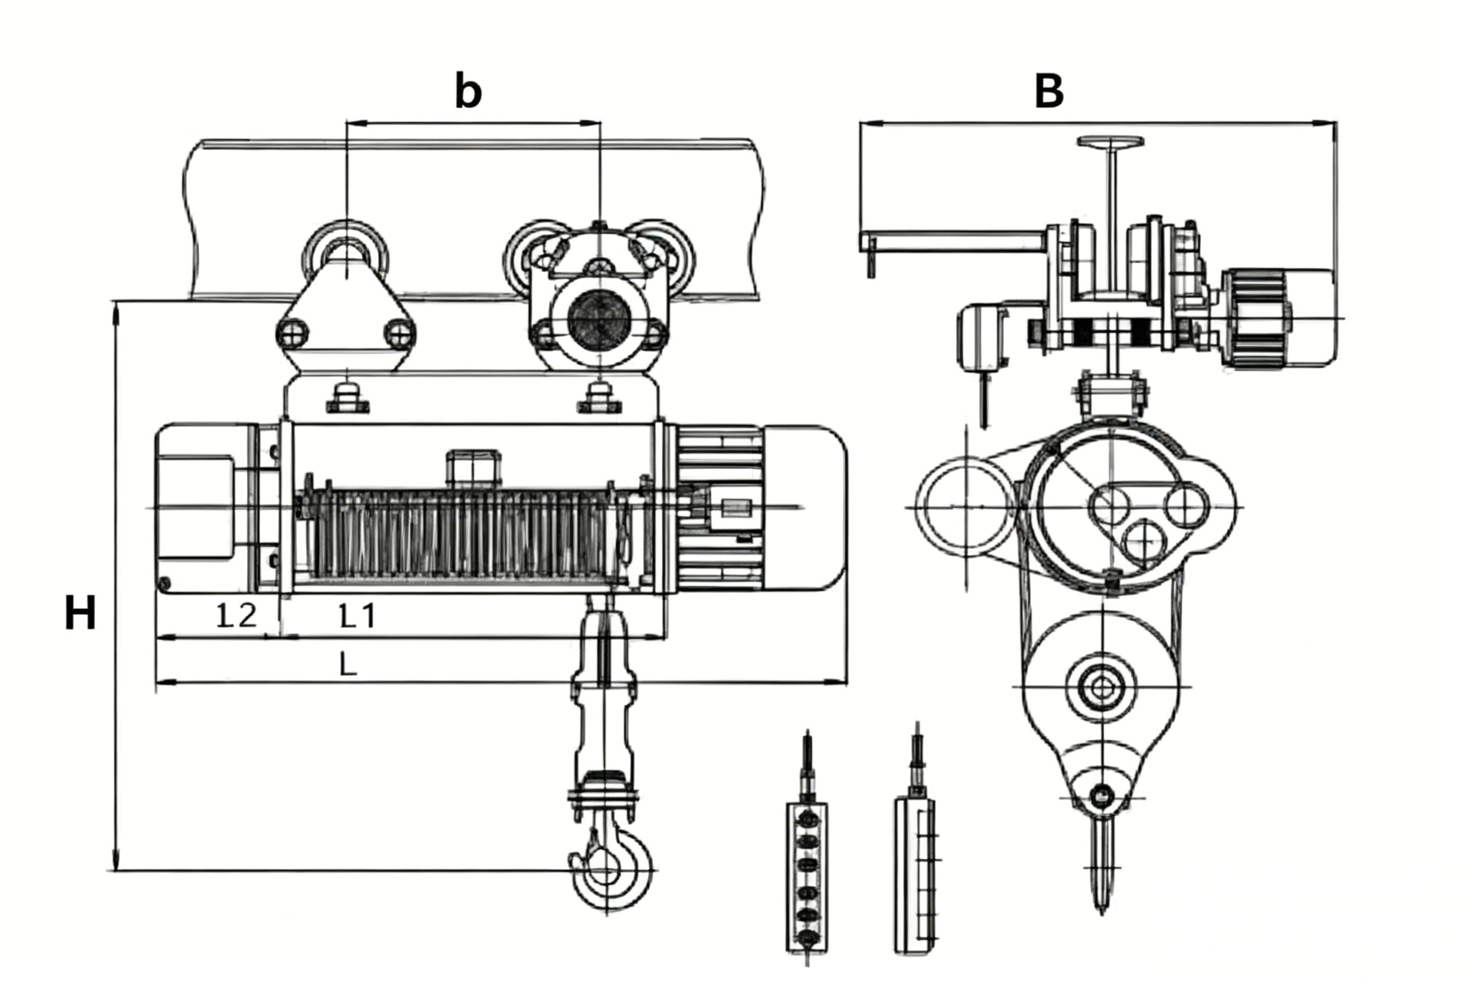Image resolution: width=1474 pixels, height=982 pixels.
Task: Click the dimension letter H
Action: [80, 613]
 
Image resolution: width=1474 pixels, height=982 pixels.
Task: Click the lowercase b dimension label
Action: [468, 91]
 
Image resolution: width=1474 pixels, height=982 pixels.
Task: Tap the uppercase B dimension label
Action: [1049, 91]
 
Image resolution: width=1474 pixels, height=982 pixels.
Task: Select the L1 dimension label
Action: [357, 616]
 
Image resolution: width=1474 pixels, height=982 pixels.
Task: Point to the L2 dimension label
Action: [236, 616]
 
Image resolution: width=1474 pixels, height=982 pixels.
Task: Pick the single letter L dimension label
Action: [348, 664]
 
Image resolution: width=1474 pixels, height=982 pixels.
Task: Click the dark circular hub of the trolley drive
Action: [599, 320]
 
